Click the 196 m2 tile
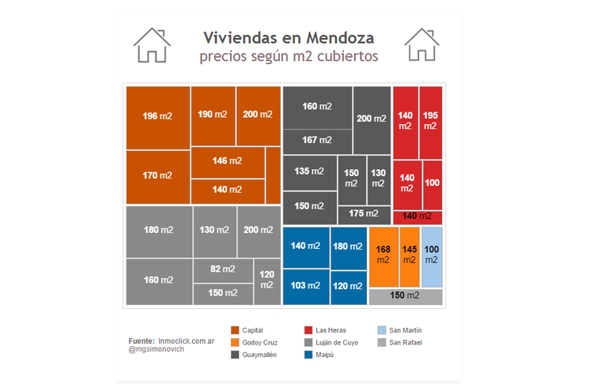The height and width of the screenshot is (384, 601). pos(157,117)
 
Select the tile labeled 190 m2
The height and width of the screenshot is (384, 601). pos(212,115)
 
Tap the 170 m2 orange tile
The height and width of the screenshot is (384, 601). pos(157,176)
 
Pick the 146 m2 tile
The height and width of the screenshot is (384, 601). pos(227,161)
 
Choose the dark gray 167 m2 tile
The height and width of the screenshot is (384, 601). pos(316,141)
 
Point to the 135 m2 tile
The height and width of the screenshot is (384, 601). pos(308,171)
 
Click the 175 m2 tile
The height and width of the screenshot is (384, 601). pos(363,214)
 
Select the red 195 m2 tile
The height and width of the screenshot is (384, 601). pos(430,121)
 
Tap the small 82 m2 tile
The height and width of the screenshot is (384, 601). pos(222,269)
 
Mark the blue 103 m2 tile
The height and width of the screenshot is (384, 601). pos(305,286)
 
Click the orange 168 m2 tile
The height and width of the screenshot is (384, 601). pos(384,255)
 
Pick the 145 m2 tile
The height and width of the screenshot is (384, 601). pos(410,255)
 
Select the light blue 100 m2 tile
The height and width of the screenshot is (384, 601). pos(431,255)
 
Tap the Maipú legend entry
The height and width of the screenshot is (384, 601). pos(321,356)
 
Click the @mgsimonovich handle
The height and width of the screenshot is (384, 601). pos(156,348)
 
